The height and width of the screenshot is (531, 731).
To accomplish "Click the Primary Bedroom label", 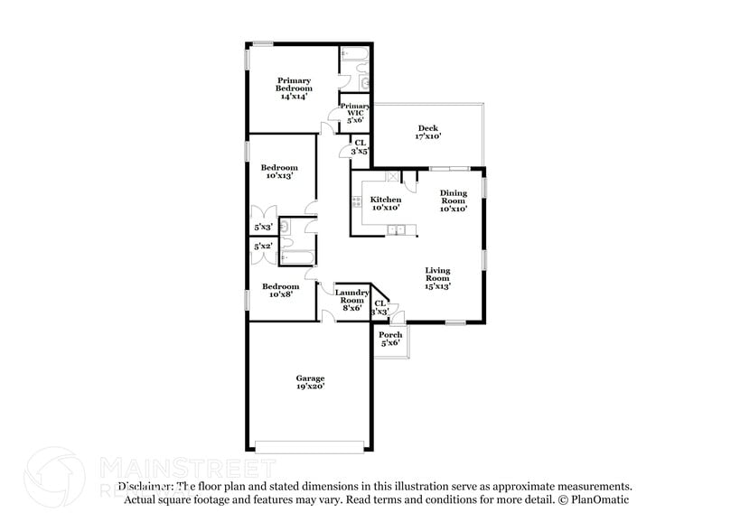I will click(x=295, y=88).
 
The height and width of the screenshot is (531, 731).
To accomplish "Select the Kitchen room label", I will click(x=386, y=203).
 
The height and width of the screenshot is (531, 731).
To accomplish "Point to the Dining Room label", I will click(x=454, y=200).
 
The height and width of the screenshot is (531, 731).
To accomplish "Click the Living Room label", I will click(x=438, y=278).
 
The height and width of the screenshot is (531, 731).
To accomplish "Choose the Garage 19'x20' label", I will click(x=310, y=382).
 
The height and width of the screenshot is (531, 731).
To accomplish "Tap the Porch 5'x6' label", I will click(x=390, y=339).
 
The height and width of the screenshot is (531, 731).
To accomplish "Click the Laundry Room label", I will click(x=351, y=299).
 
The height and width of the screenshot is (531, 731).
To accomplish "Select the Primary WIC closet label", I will click(x=353, y=113).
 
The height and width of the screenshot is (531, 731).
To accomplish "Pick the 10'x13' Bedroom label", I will click(x=279, y=172).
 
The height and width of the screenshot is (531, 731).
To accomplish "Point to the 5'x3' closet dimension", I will click(x=263, y=228).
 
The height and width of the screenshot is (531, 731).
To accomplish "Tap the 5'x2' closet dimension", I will click(x=263, y=246).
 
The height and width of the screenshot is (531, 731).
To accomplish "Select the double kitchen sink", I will click(x=397, y=231).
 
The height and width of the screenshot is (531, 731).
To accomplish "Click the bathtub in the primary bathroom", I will click(x=353, y=59).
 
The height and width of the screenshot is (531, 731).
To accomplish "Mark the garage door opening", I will click(x=310, y=445).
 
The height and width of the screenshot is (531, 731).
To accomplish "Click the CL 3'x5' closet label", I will click(x=360, y=146).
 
